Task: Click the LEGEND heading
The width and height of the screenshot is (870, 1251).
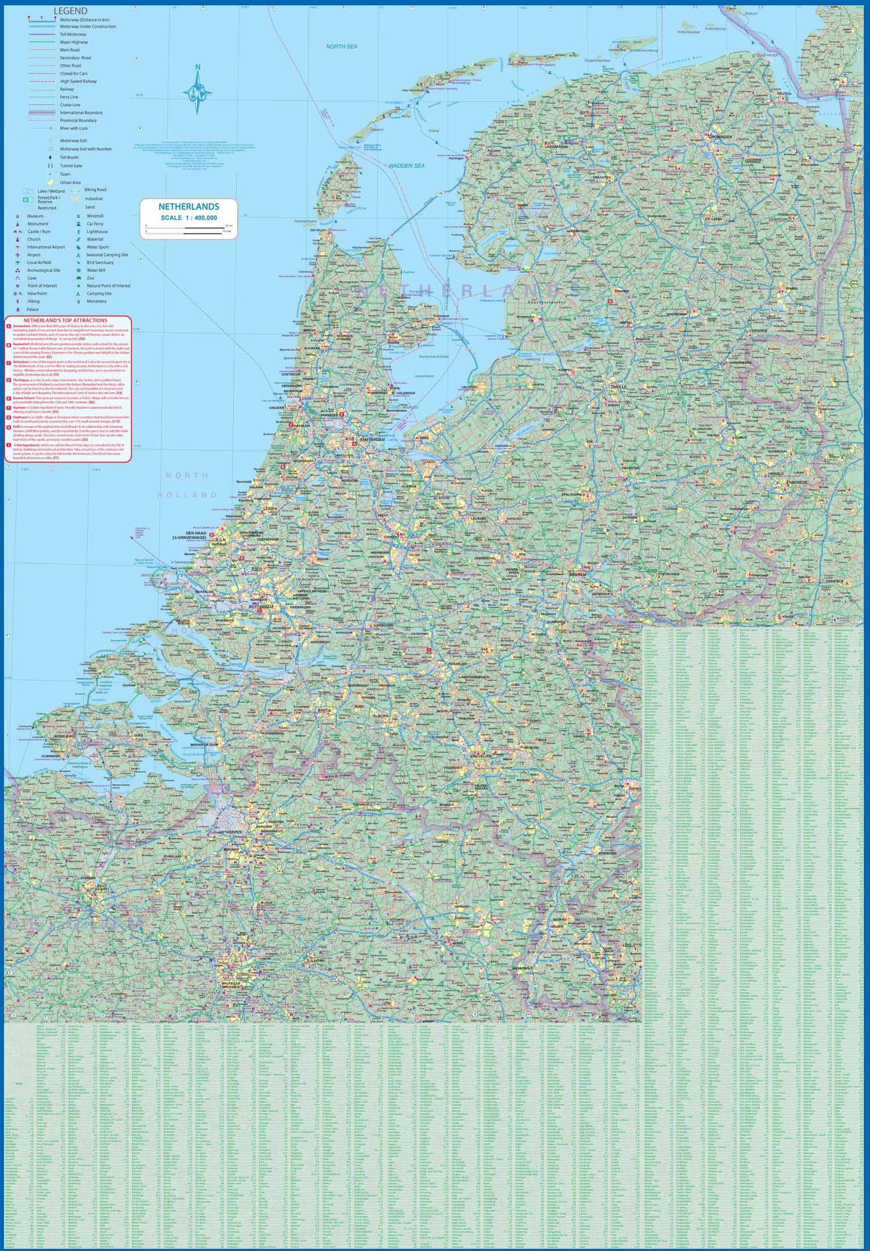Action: pos(70,11)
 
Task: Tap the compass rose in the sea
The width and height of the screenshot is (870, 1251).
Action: pos(197,92)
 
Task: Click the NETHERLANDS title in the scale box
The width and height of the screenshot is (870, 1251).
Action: pos(188,207)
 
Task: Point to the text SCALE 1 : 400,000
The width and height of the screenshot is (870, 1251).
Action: pos(188,218)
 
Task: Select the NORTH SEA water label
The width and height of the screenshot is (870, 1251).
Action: pos(342,46)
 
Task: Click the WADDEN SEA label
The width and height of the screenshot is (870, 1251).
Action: pos(407,166)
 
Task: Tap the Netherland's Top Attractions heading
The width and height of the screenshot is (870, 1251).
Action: pos(66,320)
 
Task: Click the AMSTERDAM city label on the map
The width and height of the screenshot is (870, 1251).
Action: pos(372,439)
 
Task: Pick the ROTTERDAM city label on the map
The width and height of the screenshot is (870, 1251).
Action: pos(260,607)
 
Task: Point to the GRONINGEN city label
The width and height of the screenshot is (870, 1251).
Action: pos(720,137)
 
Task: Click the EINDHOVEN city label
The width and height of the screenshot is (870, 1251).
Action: pos(480,756)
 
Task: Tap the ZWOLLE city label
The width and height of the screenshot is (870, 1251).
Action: pos(618,387)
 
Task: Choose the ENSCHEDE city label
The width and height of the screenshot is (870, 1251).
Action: pos(796,482)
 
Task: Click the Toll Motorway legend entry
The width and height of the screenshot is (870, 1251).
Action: pos(73,35)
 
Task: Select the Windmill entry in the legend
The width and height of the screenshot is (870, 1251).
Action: pos(95,216)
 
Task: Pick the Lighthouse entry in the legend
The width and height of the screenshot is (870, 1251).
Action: pos(97,232)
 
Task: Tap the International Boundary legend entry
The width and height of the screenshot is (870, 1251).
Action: pos(81,113)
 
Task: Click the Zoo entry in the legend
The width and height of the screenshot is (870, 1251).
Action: pos(90,278)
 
